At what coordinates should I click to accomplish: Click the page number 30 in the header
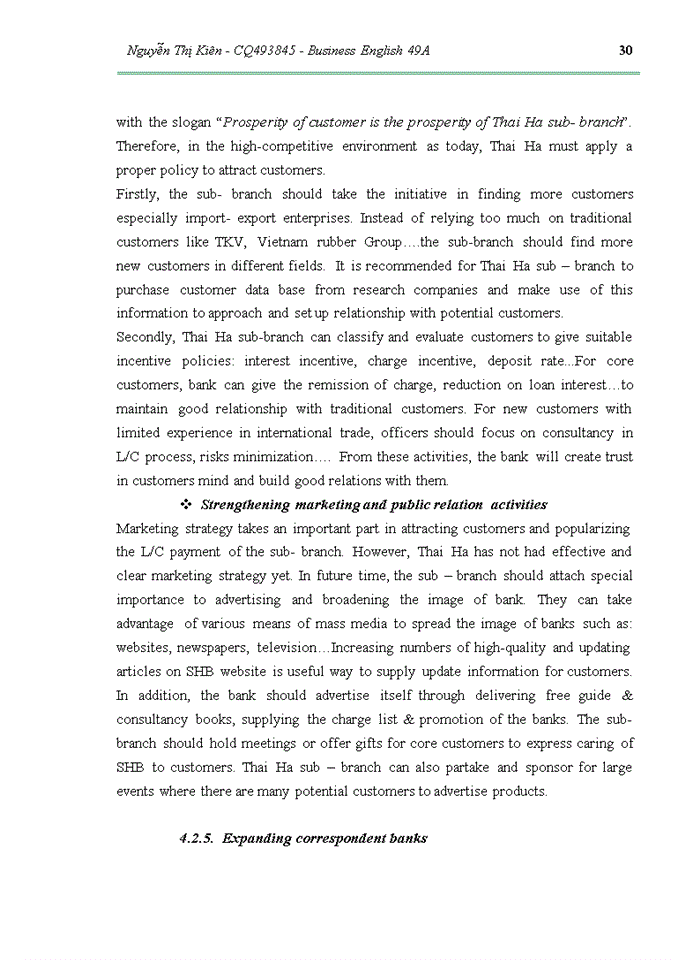626,51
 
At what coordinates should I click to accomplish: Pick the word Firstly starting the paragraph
136,194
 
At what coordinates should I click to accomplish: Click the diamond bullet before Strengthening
185,505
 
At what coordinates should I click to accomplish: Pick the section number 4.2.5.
196,839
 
